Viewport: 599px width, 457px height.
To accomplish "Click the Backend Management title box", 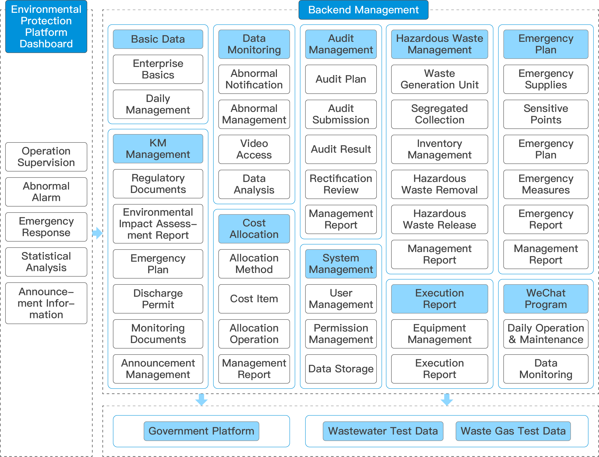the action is tap(363, 10).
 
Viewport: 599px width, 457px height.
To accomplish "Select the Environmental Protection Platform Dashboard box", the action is tap(46, 26).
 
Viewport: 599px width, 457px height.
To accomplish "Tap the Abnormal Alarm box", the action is tap(46, 192).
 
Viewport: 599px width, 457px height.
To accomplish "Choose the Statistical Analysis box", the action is tap(46, 262).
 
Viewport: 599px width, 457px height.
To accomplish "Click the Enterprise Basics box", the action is tap(158, 69).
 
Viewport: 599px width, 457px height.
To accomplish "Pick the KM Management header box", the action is tap(158, 148).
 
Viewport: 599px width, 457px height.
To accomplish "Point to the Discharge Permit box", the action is tap(158, 299).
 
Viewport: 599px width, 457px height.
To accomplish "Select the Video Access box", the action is tap(254, 149).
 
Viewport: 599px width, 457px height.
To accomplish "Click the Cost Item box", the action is tap(254, 299).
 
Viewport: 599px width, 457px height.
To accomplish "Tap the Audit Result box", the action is tap(341, 149).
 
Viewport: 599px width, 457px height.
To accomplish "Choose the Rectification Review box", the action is tap(341, 184).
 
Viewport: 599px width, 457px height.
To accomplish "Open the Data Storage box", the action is tap(341, 369).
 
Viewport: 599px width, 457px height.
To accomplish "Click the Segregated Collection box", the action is tap(439, 114).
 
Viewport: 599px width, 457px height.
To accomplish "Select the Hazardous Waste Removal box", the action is tap(439, 184).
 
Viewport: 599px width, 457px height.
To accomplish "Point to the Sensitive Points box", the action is tap(546, 114).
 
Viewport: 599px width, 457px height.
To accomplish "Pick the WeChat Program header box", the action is tap(546, 299).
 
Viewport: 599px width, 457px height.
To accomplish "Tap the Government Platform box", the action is tap(201, 431).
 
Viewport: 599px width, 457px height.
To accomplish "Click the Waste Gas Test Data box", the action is tap(513, 431).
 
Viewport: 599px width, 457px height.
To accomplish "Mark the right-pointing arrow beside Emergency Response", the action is tap(97, 233).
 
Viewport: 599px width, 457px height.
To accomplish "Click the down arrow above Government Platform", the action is tap(201, 399).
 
